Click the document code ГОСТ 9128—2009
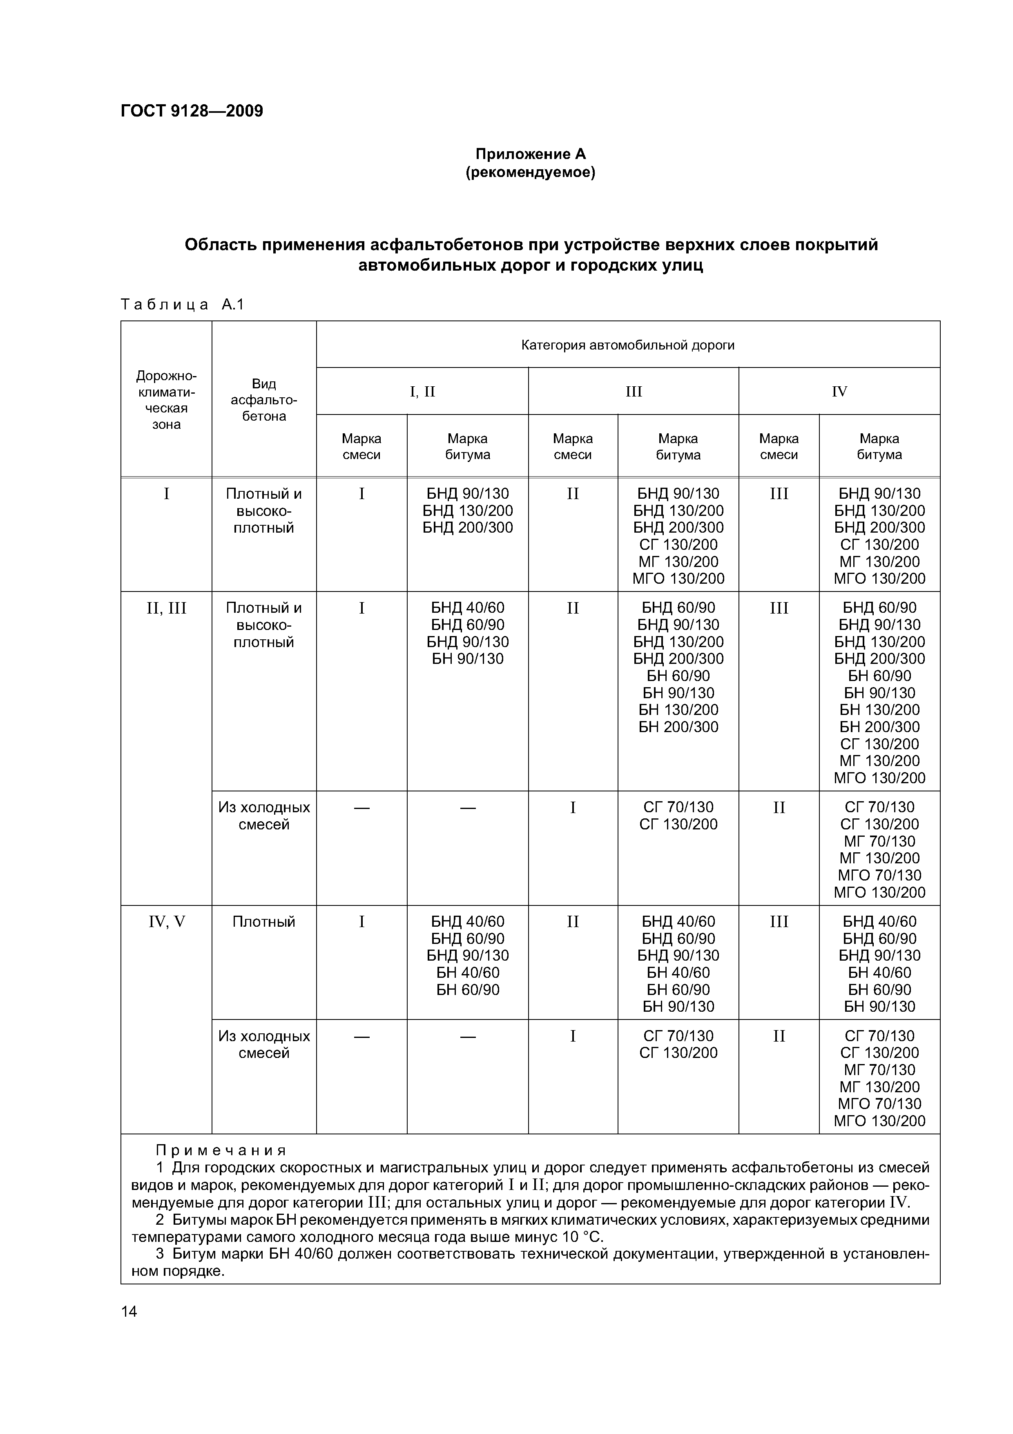click(192, 111)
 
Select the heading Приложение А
click(531, 154)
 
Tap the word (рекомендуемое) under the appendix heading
click(531, 173)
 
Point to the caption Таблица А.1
click(182, 305)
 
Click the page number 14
click(129, 1311)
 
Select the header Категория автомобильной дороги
click(627, 345)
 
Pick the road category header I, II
click(422, 392)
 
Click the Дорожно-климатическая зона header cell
click(166, 400)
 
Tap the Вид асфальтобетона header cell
click(264, 400)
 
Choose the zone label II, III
click(166, 608)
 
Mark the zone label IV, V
click(166, 922)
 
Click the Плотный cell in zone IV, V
click(263, 922)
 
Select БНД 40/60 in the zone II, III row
click(467, 608)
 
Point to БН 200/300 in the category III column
click(678, 727)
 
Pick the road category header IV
click(839, 392)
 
